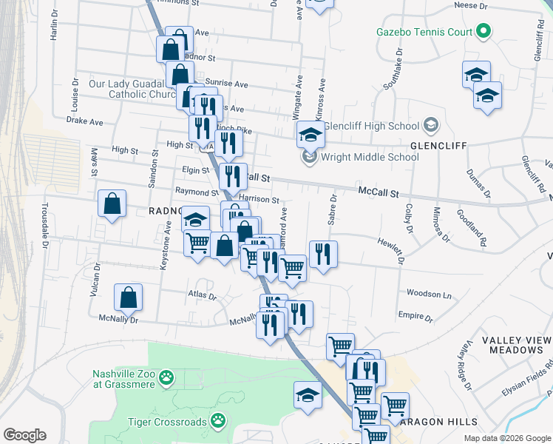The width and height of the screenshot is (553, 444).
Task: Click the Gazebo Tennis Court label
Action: click(424, 32)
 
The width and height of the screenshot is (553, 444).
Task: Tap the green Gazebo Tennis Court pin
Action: click(484, 31)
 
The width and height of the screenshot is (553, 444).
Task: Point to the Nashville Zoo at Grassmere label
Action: click(123, 379)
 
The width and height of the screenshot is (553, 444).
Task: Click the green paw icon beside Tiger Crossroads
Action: click(217, 421)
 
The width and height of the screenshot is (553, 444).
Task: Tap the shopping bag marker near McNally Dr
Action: click(129, 298)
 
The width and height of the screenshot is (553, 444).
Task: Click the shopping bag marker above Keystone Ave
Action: click(111, 204)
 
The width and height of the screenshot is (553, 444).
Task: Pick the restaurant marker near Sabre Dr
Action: click(323, 255)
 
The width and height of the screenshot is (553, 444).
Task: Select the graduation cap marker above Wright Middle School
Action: click(311, 135)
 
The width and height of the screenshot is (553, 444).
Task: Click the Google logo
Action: click(24, 435)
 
